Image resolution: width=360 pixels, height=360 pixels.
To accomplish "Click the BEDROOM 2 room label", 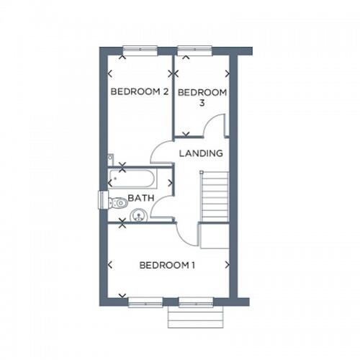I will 140,92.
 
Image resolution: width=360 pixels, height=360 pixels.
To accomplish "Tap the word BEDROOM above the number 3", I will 202,93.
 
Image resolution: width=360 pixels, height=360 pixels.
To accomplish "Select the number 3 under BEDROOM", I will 202,104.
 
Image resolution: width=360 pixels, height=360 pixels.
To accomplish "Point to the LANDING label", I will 201,153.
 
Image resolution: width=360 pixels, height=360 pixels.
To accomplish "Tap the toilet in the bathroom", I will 118,203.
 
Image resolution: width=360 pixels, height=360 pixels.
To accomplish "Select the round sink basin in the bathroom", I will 139,213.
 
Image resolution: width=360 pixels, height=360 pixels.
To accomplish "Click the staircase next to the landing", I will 214,197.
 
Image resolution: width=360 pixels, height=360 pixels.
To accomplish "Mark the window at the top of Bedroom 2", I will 140,50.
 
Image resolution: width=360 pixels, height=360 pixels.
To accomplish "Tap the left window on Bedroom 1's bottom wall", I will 145,302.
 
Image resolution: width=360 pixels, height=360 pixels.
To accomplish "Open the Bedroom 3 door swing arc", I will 216,126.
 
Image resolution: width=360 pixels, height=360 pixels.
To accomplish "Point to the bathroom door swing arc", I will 165,207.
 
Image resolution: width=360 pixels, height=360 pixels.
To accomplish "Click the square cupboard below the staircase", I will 214,235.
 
